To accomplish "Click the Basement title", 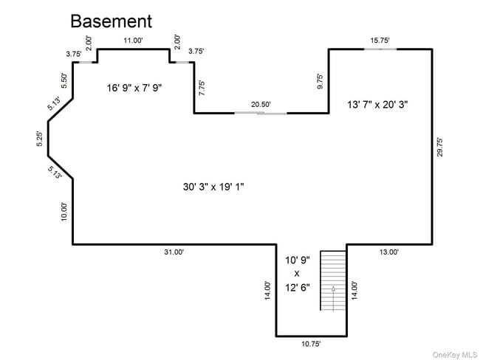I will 111,21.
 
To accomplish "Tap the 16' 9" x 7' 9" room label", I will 134,88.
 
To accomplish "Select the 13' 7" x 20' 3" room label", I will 377,105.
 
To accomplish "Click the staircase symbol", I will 333,280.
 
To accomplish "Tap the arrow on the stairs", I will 333,292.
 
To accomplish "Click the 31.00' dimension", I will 174,252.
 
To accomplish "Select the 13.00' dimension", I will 389,252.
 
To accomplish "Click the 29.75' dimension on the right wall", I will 439,146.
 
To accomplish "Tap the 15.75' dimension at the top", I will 380,41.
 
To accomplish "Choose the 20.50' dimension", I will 261,105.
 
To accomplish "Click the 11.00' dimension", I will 133,41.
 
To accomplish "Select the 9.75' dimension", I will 320,81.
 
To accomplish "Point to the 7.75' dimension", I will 202,86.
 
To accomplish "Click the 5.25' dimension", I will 40,139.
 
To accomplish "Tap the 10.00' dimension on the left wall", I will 64,211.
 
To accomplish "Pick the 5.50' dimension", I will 64,80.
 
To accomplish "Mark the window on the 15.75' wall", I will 380,49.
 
